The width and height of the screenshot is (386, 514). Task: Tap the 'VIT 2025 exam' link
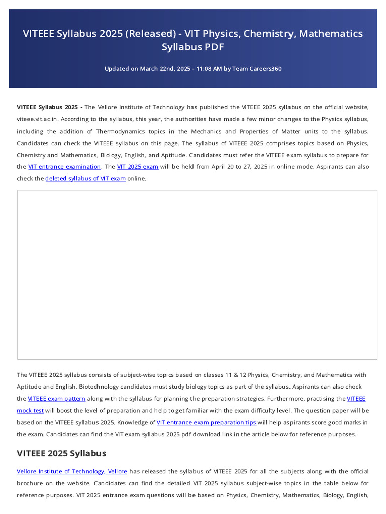138,167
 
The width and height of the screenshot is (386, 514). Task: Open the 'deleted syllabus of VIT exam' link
85,178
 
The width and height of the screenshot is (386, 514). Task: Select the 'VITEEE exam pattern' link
57,399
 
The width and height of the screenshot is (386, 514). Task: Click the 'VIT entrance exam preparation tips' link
207,422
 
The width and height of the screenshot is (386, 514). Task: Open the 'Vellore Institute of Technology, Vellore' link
72,471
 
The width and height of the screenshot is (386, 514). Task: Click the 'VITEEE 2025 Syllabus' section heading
61,453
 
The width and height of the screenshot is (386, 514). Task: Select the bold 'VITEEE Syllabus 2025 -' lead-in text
50,107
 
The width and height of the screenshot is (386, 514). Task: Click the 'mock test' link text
30,410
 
